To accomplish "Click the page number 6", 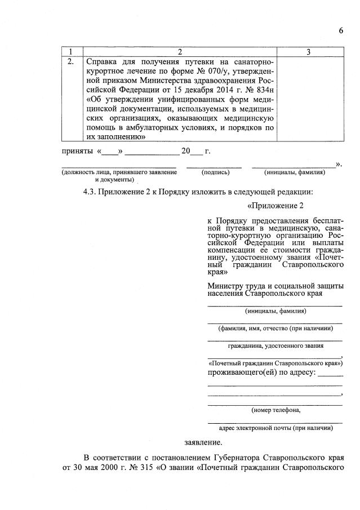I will pos(341,30).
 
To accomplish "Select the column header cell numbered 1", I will pos(72,52).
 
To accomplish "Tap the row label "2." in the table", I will pos(72,62).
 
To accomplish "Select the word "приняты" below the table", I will pos(77,152).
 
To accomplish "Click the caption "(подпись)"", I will pos(215,172).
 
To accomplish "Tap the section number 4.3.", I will pos(90,192).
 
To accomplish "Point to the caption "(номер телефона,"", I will pos(275,410).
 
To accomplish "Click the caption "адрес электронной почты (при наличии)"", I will pos(275,428).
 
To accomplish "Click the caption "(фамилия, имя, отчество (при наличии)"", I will pos(275,328).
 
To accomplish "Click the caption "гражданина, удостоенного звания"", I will pos(275,346).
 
